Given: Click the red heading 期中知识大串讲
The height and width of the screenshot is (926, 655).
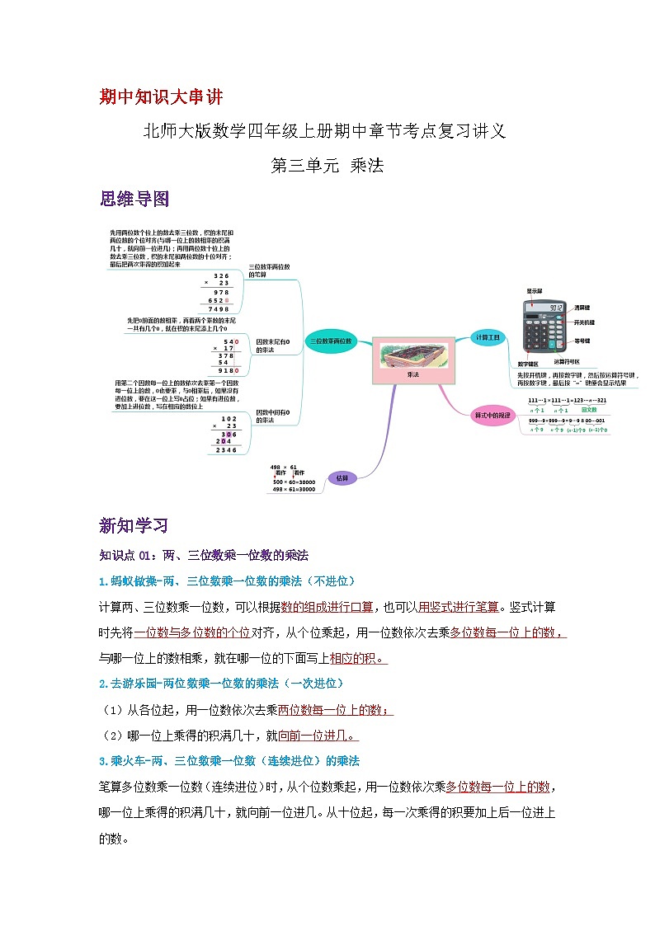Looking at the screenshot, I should pyautogui.click(x=160, y=97).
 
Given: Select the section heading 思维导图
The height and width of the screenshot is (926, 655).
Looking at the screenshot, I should pyautogui.click(x=134, y=199).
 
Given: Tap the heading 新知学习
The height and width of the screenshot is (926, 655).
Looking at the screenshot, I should pyautogui.click(x=134, y=525).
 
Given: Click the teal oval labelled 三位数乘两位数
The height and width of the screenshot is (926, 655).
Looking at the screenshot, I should pyautogui.click(x=331, y=341).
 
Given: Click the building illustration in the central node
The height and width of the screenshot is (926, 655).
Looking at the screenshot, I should pyautogui.click(x=412, y=354).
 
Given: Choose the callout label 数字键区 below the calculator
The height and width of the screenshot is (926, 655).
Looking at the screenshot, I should pyautogui.click(x=528, y=364).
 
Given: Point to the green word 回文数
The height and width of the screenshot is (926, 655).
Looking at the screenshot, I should pyautogui.click(x=589, y=409).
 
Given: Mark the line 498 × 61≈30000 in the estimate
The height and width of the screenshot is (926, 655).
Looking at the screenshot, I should pyautogui.click(x=294, y=489).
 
